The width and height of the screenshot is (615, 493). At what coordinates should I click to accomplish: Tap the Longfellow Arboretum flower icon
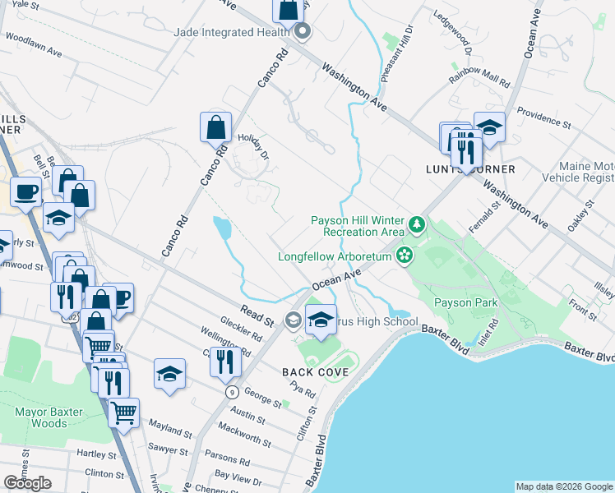click(404, 256)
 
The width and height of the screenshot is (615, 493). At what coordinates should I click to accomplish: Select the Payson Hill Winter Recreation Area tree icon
click(418, 224)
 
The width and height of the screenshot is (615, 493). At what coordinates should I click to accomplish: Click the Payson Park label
click(466, 303)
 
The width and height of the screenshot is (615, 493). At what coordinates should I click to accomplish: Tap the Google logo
click(27, 483)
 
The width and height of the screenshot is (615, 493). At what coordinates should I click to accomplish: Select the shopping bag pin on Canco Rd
click(215, 128)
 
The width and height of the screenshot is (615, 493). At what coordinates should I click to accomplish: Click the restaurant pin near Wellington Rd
click(224, 362)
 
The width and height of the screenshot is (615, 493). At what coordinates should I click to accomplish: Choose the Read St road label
click(256, 316)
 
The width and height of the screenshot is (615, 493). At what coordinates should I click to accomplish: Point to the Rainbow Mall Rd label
click(479, 81)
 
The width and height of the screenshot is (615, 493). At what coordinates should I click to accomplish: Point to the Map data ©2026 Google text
click(564, 486)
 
